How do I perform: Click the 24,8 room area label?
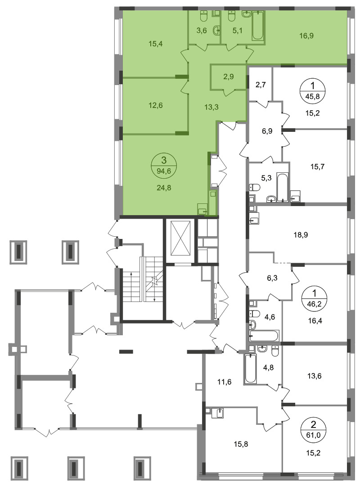coord(164,188)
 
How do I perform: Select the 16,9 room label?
coord(306,36)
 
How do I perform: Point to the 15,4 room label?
coord(156,44)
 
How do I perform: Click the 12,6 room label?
coord(156,105)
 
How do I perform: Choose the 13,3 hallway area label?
coord(211,107)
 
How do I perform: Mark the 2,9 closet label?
coord(229,76)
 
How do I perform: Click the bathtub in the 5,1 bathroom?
coord(258,26)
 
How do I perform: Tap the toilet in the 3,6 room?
coord(204,17)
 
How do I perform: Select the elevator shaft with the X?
coord(180,241)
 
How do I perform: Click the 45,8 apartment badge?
coord(313,90)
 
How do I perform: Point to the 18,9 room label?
coord(301,235)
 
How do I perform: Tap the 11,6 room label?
coord(225,382)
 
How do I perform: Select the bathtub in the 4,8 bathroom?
coord(251,369)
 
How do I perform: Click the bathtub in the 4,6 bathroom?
coord(264,336)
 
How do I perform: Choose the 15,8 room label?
coord(241,444)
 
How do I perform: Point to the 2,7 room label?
coord(261,85)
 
